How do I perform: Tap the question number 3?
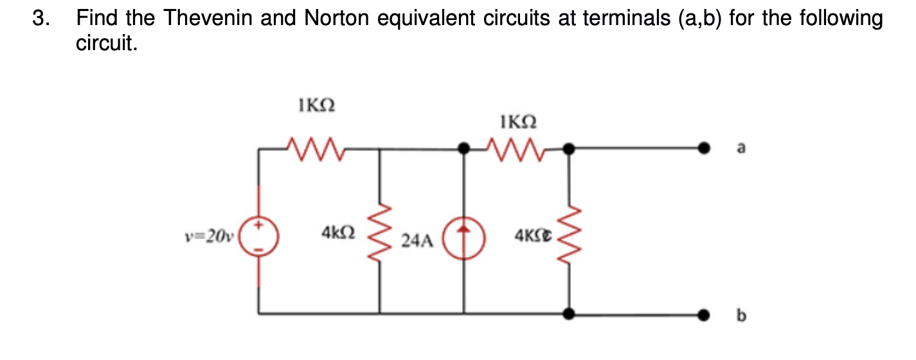(39, 19)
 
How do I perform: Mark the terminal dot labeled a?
(706, 148)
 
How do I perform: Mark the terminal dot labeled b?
(706, 314)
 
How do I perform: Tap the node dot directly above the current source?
(463, 148)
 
